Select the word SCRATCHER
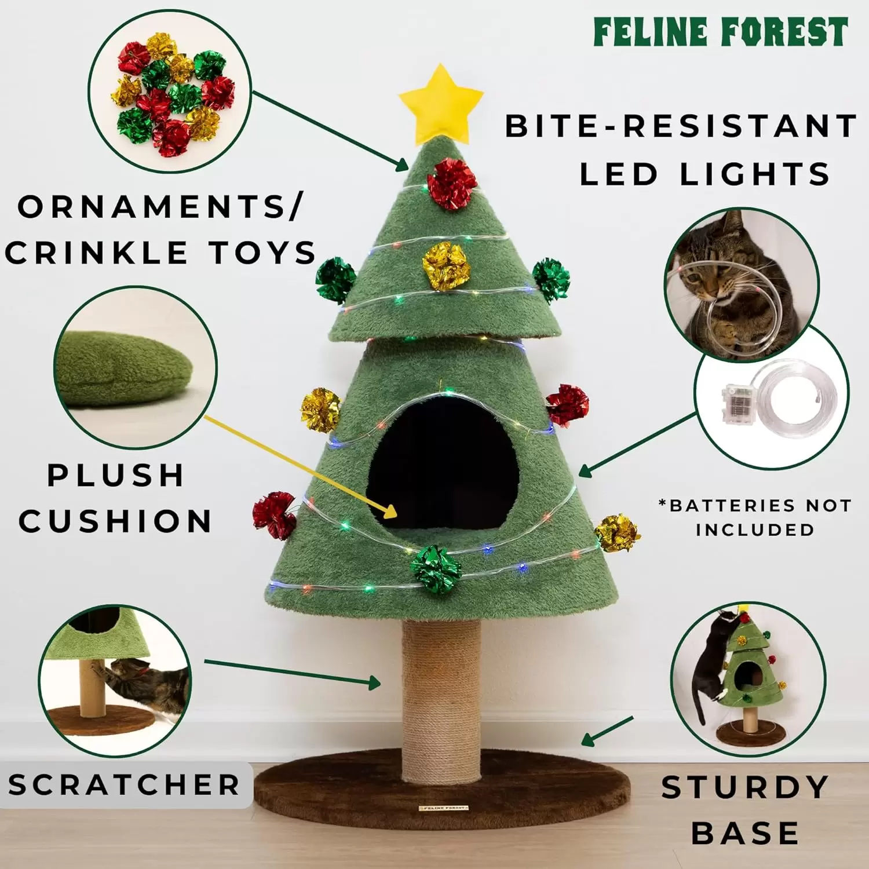[124, 785]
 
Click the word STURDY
[745, 787]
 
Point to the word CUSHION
[115, 521]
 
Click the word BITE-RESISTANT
[681, 126]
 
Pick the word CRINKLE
[96, 253]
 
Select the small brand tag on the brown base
[443, 807]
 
